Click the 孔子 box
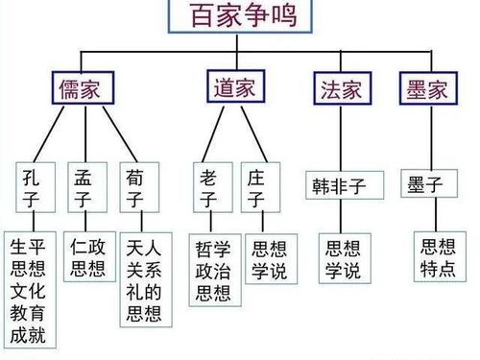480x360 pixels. coord(31,189)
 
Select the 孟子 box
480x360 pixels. coord(84,189)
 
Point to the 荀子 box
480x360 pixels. coord(135,189)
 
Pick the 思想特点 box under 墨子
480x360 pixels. coord(440,256)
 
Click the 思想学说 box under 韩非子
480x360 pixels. coord(343,257)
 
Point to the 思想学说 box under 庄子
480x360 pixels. coord(267,257)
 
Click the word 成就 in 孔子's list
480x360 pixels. coord(28,336)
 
